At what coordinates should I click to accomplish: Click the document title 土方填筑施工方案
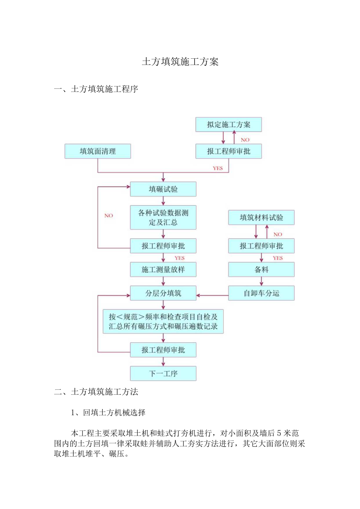click(180, 63)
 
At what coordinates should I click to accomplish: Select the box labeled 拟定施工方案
click(229, 125)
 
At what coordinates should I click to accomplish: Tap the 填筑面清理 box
click(98, 151)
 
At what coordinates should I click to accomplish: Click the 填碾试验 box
click(163, 189)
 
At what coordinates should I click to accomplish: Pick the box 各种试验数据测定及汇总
click(163, 218)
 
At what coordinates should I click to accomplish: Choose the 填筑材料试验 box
click(261, 218)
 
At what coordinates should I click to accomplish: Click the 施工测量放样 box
click(163, 270)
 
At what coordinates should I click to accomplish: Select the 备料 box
click(261, 270)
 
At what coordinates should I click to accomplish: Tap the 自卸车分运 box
click(261, 293)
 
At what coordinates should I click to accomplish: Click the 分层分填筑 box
click(163, 293)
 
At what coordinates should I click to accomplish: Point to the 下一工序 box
click(163, 373)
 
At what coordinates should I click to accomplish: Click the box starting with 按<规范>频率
click(163, 321)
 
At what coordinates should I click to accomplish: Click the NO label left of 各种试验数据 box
click(108, 216)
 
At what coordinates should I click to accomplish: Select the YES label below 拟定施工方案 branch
click(218, 168)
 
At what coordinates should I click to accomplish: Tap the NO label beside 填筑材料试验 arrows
click(277, 234)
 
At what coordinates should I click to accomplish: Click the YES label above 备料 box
click(277, 258)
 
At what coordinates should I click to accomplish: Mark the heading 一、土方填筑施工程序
click(96, 90)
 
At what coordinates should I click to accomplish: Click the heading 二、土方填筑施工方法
click(96, 392)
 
